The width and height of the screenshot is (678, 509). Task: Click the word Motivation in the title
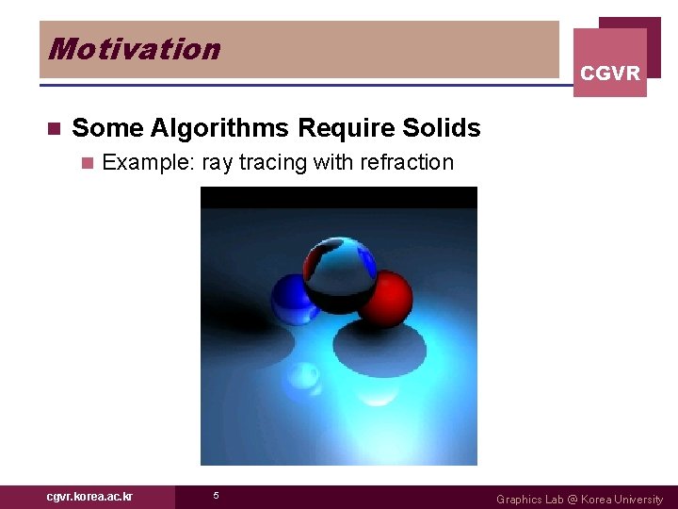134,49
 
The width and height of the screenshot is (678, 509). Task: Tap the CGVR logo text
610,74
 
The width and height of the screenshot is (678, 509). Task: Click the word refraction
406,163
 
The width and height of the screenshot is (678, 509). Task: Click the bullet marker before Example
88,164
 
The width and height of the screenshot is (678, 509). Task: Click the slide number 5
216,496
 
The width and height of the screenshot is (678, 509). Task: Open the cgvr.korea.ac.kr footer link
89,497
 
